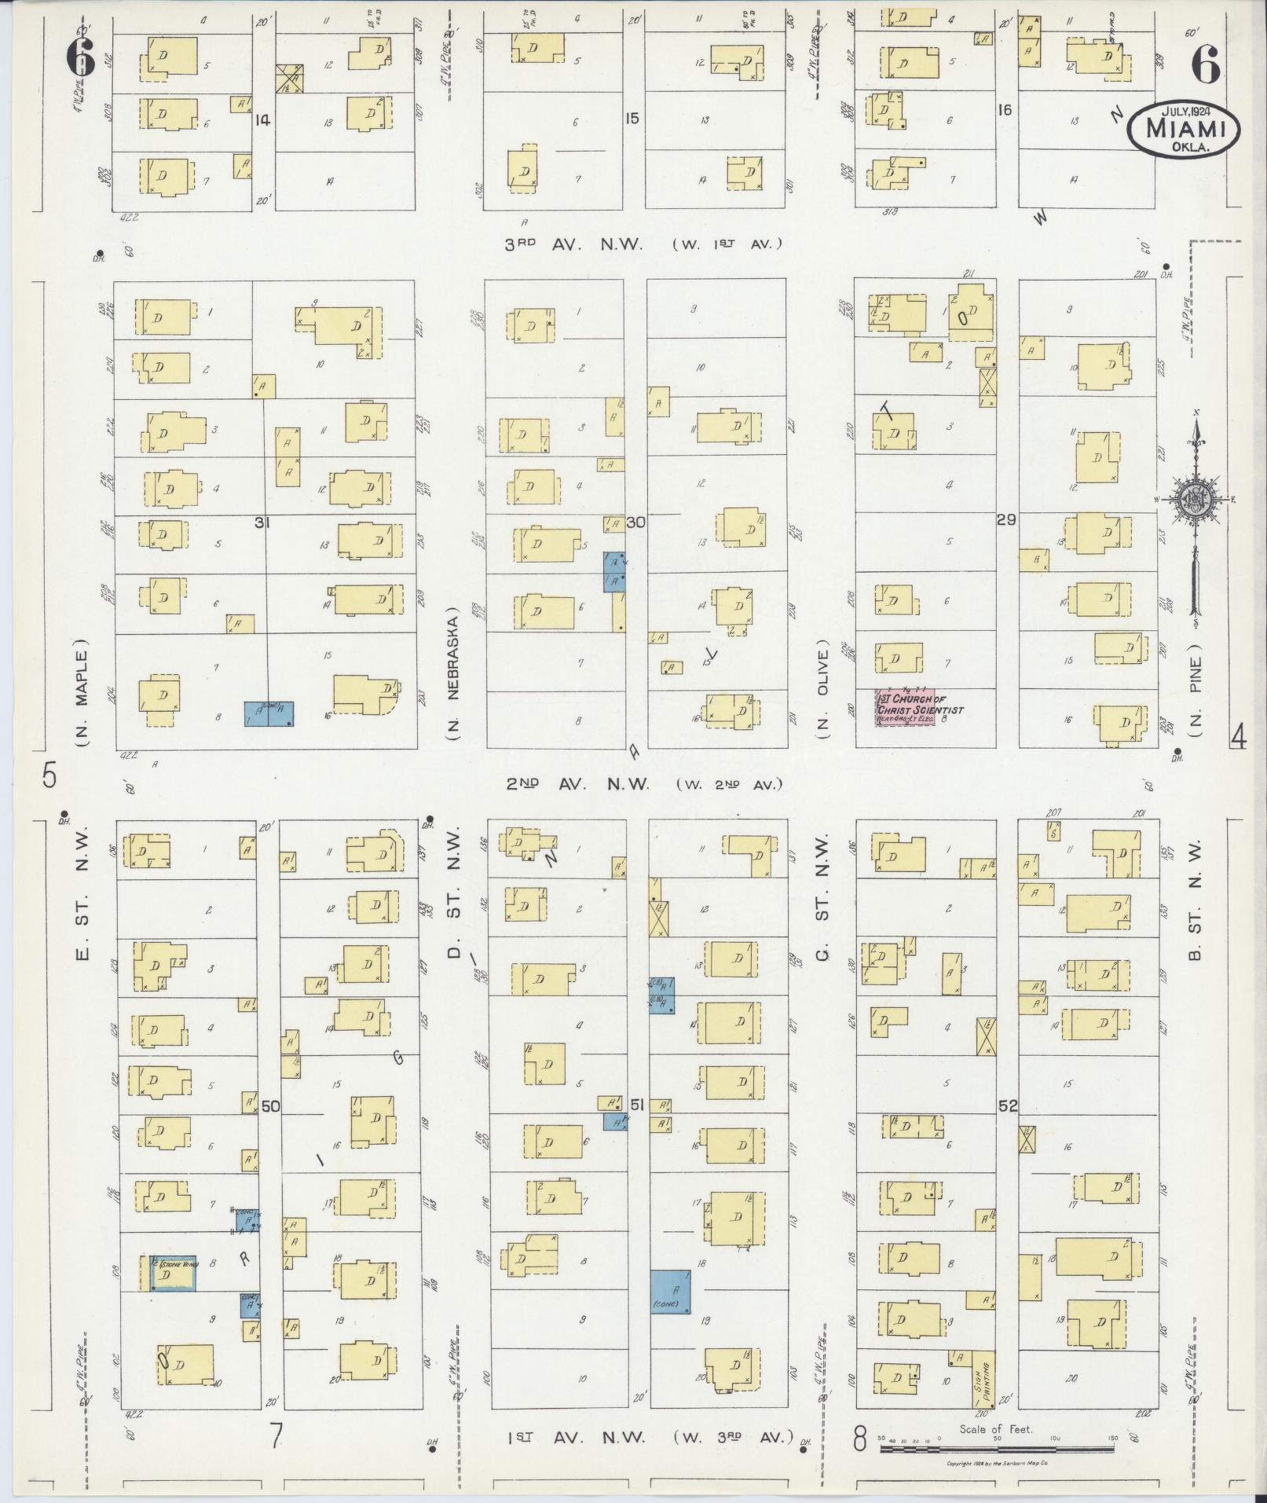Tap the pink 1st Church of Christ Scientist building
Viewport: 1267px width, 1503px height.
[906, 707]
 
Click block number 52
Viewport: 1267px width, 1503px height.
[1008, 1105]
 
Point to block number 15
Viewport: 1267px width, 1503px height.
[632, 119]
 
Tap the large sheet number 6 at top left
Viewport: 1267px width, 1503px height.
[82, 57]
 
